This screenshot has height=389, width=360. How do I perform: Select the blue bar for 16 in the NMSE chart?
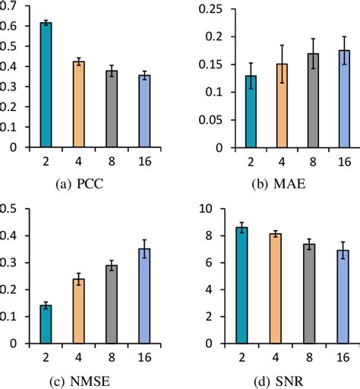(x=144, y=296)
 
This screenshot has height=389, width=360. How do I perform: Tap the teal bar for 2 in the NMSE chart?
(x=46, y=324)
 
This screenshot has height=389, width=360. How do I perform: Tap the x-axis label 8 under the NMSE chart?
(x=111, y=356)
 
